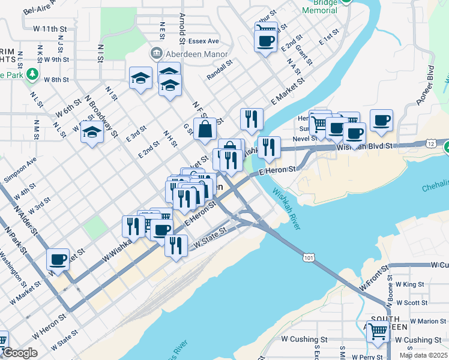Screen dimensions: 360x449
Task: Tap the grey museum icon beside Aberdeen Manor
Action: click(157, 53)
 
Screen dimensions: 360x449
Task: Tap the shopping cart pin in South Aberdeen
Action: click(378, 331)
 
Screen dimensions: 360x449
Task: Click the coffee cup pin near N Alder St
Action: click(58, 259)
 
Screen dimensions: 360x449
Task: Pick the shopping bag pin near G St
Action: click(205, 128)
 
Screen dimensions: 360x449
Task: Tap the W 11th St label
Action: click(50, 28)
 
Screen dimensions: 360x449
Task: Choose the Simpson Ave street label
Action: click(20, 170)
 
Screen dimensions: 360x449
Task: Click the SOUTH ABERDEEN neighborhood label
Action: click(389, 323)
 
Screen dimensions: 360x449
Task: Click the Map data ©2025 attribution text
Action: click(423, 355)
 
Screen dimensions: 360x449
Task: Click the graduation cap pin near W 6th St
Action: click(92, 133)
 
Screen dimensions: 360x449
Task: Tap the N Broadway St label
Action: click(100, 112)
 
